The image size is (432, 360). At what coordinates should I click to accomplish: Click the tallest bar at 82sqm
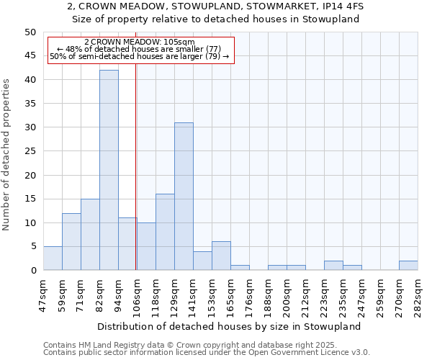(109, 170)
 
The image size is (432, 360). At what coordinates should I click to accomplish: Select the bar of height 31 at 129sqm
(184, 196)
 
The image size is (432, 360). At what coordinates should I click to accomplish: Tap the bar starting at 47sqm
(53, 258)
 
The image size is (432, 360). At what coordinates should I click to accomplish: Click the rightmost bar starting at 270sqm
(408, 265)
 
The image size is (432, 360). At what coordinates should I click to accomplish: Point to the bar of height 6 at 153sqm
(221, 256)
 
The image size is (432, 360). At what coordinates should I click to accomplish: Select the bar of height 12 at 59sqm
(71, 241)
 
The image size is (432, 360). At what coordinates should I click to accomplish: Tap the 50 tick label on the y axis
(30, 32)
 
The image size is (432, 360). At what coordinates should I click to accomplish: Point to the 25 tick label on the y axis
(30, 151)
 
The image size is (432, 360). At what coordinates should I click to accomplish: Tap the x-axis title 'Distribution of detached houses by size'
(228, 326)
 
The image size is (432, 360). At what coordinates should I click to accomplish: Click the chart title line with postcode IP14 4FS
(216, 6)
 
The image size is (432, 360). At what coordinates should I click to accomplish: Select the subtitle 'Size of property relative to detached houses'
(216, 19)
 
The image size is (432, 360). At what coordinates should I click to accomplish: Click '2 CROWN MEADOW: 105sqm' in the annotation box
(140, 42)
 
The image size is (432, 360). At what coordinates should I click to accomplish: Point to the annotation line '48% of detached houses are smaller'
(140, 49)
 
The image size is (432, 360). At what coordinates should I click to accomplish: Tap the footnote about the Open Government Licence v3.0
(207, 353)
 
